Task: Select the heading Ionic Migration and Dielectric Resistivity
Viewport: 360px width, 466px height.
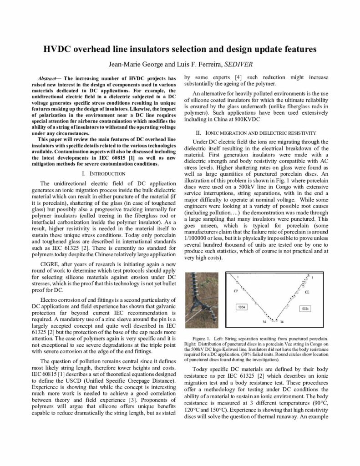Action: pyautogui.click(x=254, y=133)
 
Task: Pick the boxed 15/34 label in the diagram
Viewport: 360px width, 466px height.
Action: pyautogui.click(x=305, y=309)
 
